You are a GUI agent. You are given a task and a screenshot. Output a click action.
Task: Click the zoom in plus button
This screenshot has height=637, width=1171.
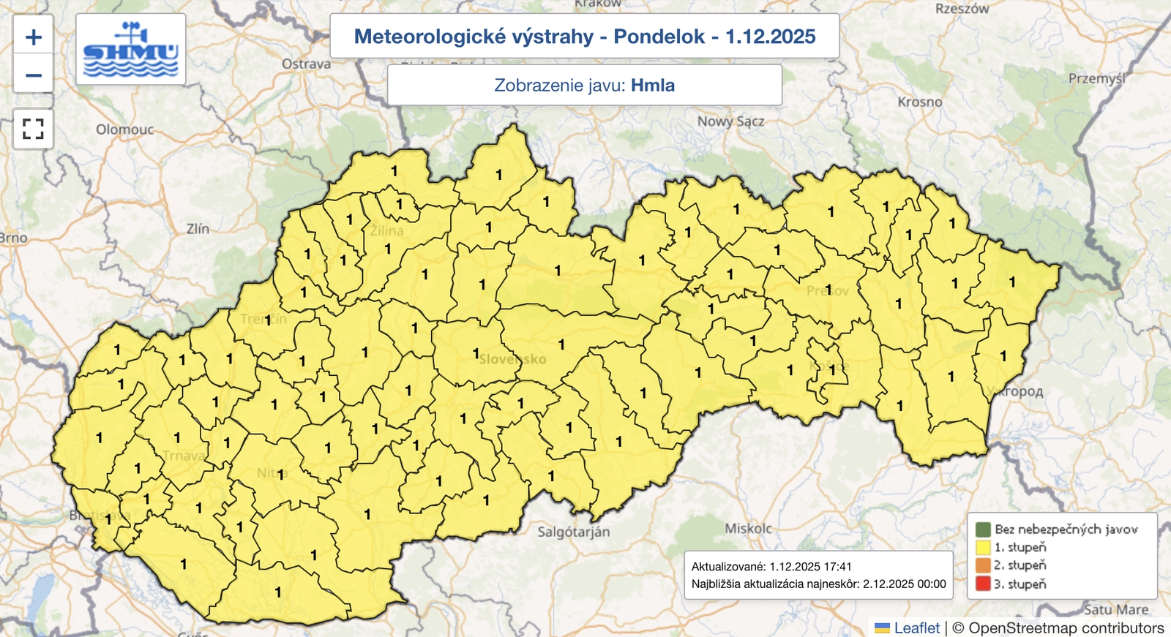34,37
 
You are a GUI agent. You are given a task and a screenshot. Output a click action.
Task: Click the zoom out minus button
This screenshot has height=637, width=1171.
34,75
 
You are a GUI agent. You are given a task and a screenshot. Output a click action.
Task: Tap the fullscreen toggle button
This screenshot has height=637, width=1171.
34,129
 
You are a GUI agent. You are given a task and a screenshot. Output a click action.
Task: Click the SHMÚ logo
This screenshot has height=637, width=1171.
131,50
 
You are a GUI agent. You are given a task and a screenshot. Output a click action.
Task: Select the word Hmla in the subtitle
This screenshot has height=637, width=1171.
653,85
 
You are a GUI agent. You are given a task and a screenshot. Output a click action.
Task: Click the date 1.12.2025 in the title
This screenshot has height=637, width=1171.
770,37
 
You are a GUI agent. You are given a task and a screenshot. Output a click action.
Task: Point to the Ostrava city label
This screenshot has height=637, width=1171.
306,64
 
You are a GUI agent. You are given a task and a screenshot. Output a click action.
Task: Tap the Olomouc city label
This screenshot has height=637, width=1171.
125,129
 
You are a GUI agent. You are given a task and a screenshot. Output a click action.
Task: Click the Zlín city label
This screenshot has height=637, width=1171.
198,229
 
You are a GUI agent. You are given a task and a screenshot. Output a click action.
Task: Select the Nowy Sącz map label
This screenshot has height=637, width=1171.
730,121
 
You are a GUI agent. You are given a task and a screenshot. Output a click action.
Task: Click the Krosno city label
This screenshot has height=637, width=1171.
920,102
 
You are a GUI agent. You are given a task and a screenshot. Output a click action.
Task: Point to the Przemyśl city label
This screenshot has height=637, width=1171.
1096,78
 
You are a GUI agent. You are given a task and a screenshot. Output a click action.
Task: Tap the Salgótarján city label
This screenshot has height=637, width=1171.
573,532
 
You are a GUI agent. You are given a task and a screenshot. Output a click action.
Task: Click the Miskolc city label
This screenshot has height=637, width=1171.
748,528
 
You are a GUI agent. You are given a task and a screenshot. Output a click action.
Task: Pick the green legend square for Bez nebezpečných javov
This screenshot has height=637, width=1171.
983,529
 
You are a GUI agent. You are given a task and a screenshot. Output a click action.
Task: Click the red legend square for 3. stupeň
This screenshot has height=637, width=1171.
983,584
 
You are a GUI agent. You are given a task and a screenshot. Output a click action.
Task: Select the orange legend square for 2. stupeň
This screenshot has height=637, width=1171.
983,565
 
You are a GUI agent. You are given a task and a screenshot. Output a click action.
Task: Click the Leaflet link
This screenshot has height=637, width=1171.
916,627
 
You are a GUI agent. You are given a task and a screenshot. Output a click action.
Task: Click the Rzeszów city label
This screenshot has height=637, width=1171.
962,10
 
